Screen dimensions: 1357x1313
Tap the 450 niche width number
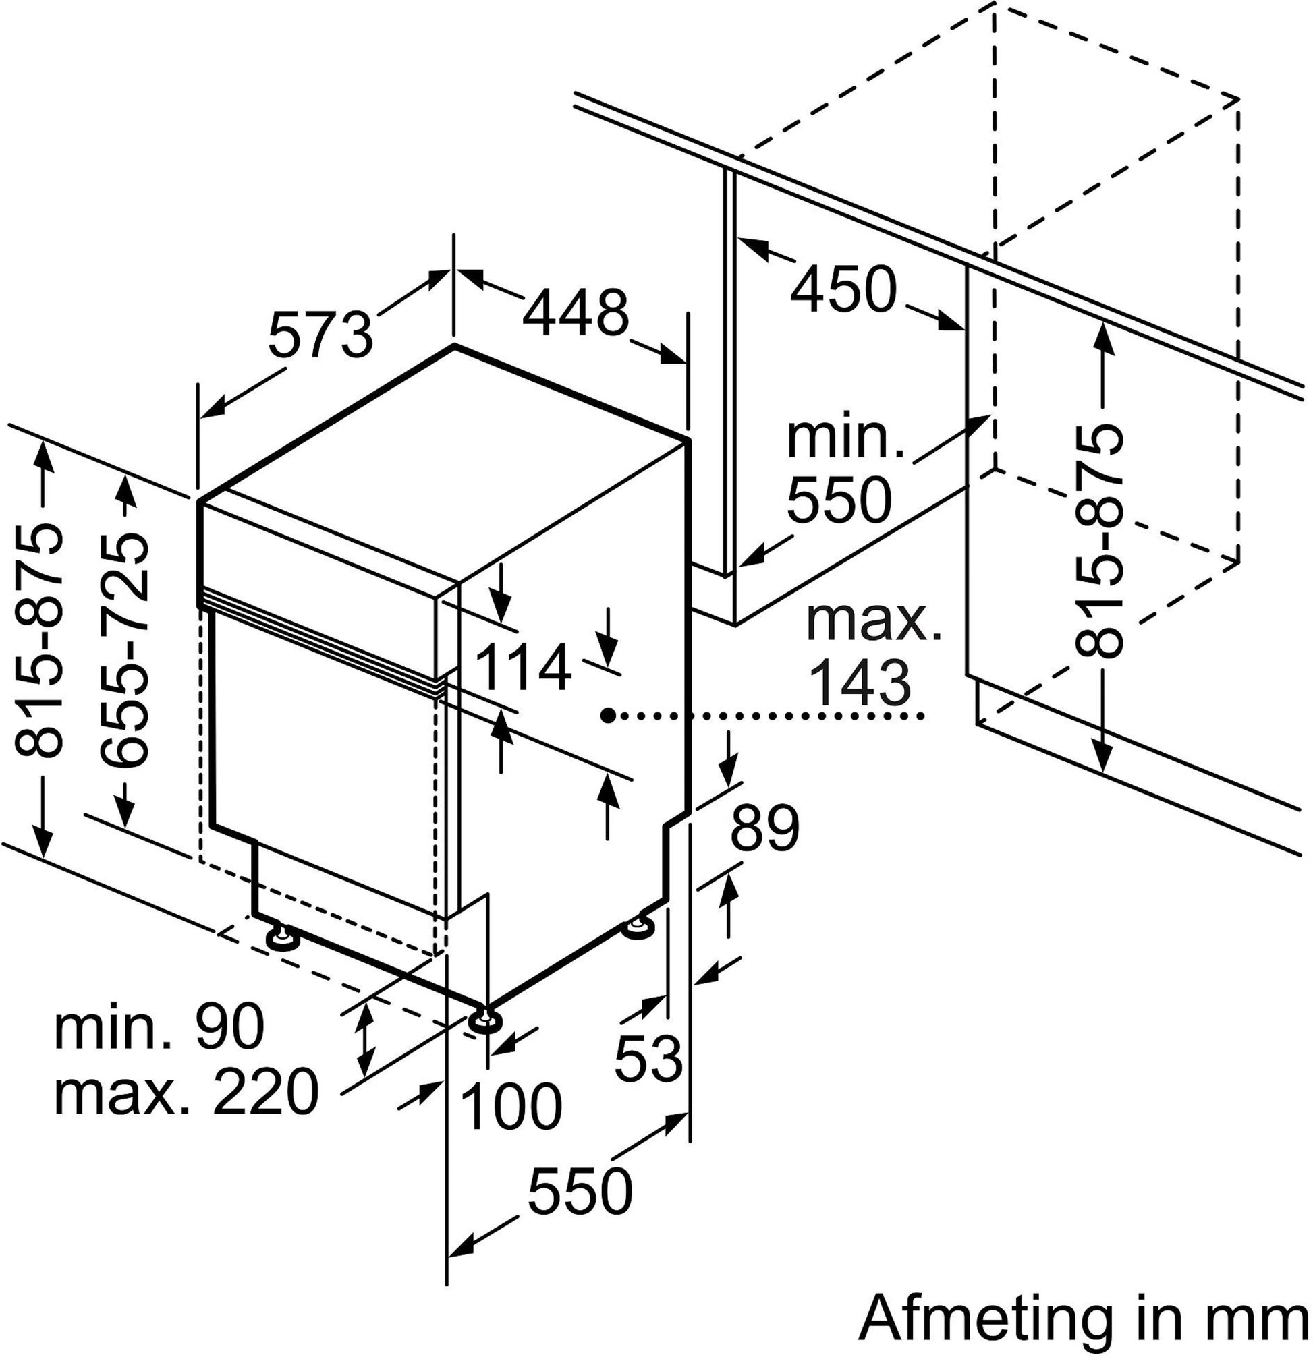(843, 289)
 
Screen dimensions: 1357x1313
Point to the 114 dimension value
(525, 668)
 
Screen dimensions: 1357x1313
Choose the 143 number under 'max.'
(860, 682)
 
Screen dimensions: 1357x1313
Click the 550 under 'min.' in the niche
(837, 498)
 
